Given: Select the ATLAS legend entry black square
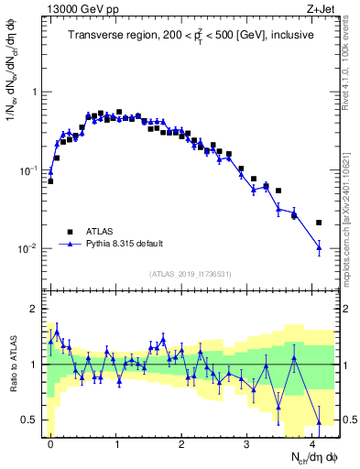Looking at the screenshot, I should click(x=69, y=233).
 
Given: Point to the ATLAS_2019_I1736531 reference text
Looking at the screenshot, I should click(x=190, y=274).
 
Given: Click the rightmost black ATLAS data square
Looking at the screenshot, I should click(x=319, y=223).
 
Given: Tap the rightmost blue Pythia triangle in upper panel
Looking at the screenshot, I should click(x=319, y=246).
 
